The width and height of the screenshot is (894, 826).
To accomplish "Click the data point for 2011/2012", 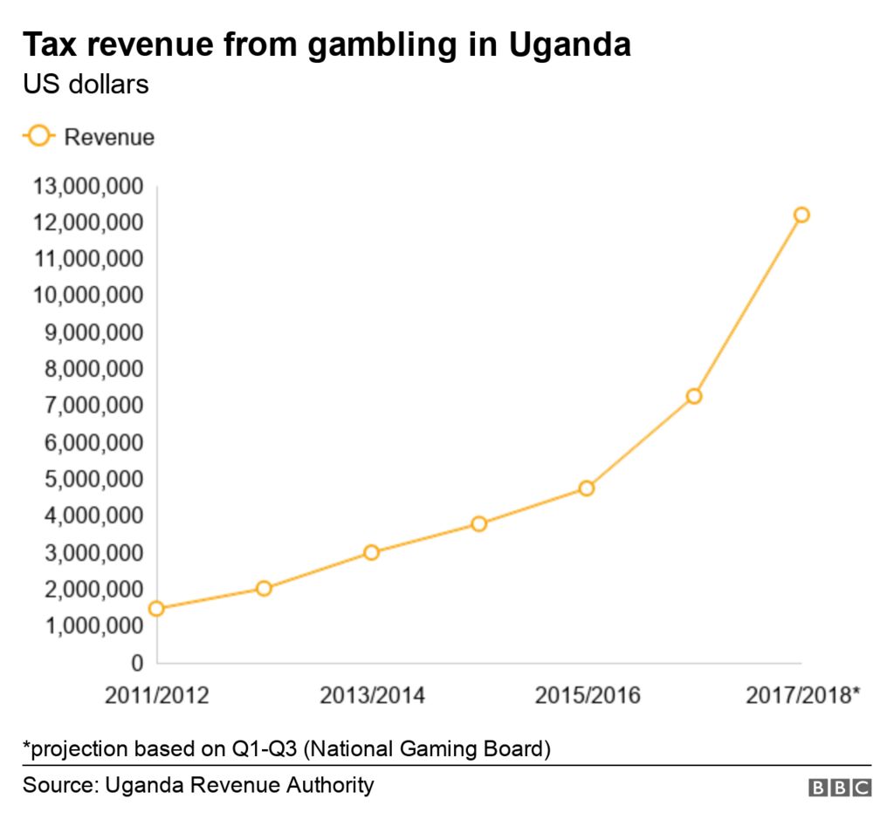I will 156,608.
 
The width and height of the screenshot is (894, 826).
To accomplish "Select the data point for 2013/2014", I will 371,552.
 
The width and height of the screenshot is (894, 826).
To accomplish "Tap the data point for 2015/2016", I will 586,488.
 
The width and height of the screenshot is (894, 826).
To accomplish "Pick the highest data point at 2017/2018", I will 801,215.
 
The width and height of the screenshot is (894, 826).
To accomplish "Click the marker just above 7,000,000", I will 694,396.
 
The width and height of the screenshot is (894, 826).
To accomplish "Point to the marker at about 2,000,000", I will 264,588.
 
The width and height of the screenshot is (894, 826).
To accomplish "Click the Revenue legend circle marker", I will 39,137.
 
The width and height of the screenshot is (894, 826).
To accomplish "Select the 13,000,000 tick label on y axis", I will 87,186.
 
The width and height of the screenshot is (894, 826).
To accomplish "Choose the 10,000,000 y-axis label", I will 87,296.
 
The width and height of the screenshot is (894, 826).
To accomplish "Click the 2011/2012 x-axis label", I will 157,695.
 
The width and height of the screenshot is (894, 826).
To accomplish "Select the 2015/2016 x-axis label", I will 587,695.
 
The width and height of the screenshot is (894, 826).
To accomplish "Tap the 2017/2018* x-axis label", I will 803,695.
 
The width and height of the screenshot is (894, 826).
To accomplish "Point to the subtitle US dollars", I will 86,85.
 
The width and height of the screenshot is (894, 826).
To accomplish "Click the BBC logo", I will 839,787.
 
